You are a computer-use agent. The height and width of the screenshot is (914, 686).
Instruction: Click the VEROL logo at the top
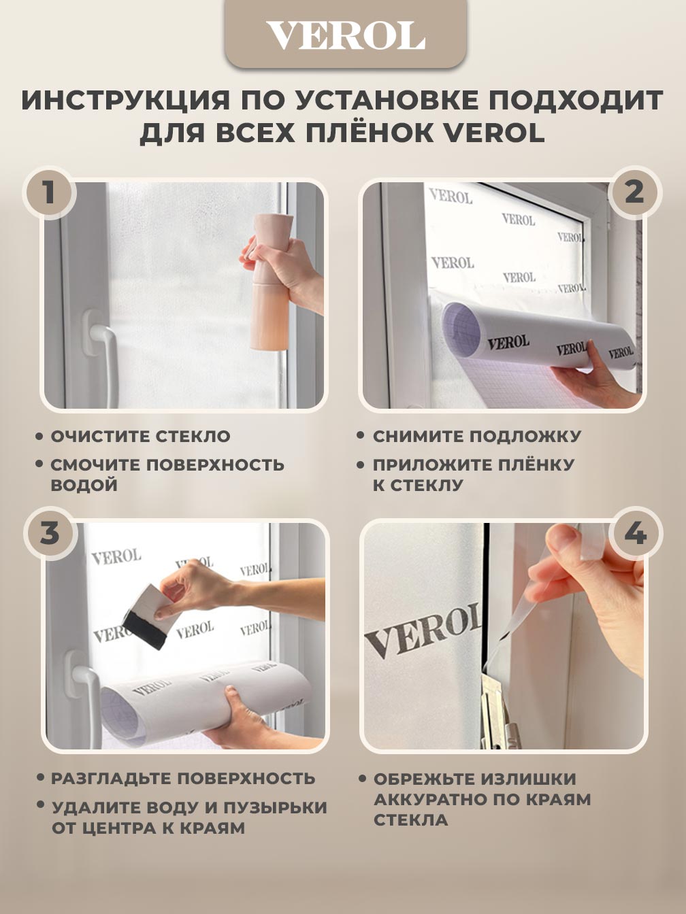point(346,36)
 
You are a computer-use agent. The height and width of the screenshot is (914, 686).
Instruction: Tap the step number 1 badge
point(50,192)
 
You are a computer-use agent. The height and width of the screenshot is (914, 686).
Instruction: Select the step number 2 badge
point(635,192)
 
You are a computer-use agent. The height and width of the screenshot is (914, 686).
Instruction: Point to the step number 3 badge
point(50,533)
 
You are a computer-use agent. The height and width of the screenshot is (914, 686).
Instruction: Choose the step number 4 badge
point(635,533)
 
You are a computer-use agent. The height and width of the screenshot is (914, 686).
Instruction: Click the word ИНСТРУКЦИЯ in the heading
point(125,100)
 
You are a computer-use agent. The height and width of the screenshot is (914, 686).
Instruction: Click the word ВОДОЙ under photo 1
point(84,485)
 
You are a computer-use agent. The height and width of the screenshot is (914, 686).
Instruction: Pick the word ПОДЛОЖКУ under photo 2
point(525,437)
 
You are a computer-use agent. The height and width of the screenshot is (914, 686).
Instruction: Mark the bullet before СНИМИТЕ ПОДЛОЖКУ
point(360,435)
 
